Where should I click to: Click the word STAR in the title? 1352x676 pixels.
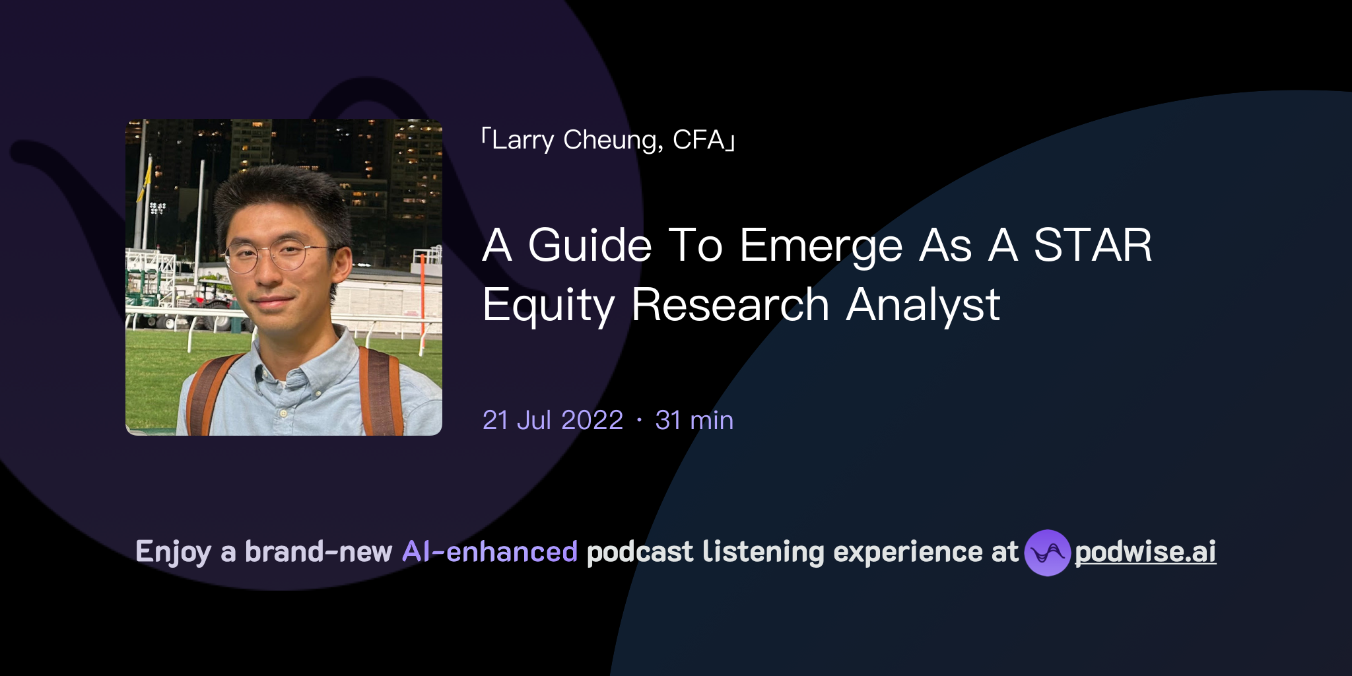[x=1093, y=246]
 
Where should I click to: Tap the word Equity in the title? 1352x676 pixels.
[x=549, y=306]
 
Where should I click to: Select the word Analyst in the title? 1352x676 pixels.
[x=923, y=306]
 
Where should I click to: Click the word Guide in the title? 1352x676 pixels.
[x=590, y=246]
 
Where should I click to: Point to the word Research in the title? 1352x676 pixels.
[x=730, y=306]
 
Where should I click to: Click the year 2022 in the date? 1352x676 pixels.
[x=592, y=421]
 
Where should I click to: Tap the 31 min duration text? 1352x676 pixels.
[x=694, y=421]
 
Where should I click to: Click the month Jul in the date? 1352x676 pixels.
[x=533, y=421]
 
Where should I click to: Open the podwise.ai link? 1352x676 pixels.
[x=1145, y=552]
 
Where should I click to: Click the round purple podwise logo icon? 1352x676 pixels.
[x=1047, y=553]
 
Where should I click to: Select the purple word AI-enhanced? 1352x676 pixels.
[x=490, y=552]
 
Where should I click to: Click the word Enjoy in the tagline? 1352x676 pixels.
[x=173, y=553]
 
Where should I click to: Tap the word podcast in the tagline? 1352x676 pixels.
[x=640, y=552]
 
